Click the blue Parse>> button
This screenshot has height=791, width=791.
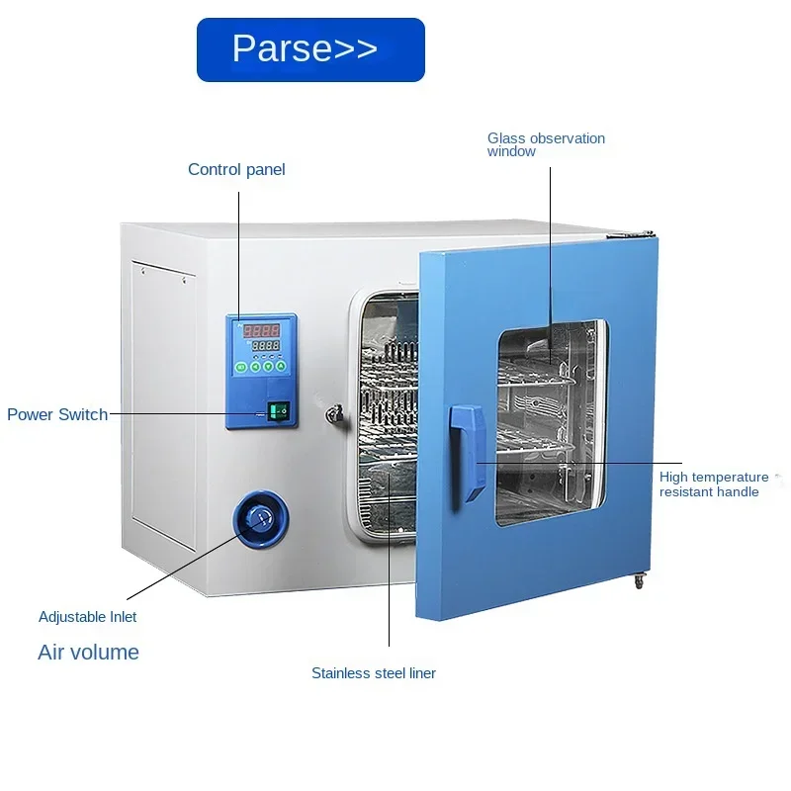tap(310, 49)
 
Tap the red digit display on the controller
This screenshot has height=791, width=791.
tap(261, 330)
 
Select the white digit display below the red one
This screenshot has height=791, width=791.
tap(265, 345)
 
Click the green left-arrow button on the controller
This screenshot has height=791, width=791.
tap(255, 367)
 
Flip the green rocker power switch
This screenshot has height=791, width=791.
tap(279, 411)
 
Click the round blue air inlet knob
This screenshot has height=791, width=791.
tap(261, 519)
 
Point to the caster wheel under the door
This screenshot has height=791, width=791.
tap(639, 581)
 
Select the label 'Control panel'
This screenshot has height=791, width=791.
tap(236, 169)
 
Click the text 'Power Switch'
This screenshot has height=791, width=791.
tap(57, 414)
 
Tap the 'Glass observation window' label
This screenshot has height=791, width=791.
tap(546, 144)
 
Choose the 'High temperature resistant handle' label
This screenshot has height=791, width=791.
tap(714, 484)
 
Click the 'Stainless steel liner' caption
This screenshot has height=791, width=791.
tap(374, 673)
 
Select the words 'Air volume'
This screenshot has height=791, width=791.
tap(88, 653)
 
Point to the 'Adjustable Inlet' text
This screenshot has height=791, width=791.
tap(87, 617)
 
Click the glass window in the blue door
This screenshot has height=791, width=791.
tap(552, 423)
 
